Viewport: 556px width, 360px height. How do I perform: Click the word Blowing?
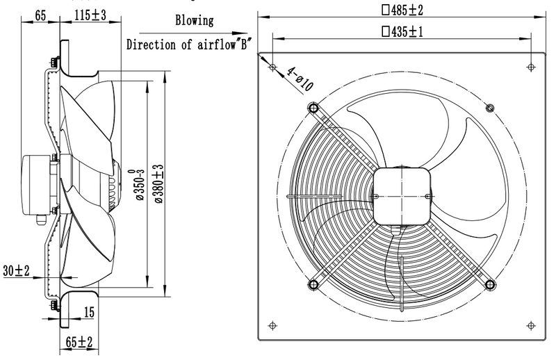pyautogui.click(x=195, y=21)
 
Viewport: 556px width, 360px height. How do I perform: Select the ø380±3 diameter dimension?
pyautogui.click(x=158, y=183)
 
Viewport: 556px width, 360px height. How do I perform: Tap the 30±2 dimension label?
pyautogui.click(x=16, y=270)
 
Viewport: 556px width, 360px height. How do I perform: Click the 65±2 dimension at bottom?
pyautogui.click(x=78, y=342)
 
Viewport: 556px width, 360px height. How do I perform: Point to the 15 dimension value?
pyautogui.click(x=88, y=313)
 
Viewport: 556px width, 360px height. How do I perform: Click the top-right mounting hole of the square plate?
pyautogui.click(x=531, y=67)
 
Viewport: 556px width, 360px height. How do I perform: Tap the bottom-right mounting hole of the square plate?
pyautogui.click(x=531, y=323)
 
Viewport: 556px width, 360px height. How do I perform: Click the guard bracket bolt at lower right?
pyautogui.click(x=491, y=284)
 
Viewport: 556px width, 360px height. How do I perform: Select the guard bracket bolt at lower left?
pyautogui.click(x=313, y=284)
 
